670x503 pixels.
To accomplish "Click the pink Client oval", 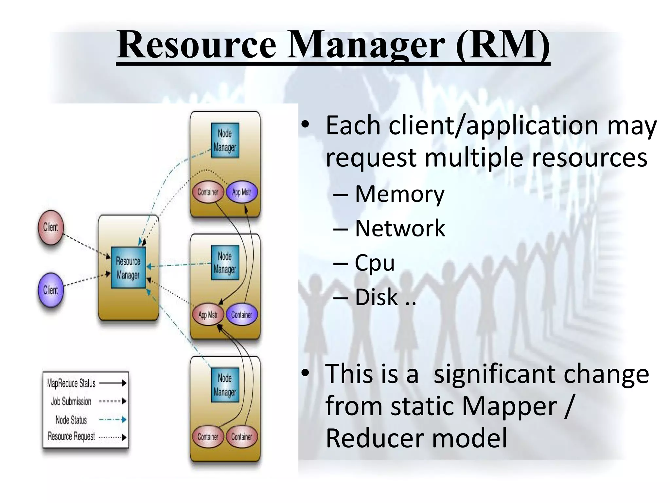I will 50,227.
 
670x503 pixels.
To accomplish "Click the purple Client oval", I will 50,290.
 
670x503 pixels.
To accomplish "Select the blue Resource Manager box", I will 128,268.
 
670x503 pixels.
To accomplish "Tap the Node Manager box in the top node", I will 225,140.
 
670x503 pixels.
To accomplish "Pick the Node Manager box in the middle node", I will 225,263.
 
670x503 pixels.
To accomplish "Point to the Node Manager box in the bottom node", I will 225,385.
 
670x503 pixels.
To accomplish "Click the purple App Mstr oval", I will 242,192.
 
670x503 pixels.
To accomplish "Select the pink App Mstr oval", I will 208,315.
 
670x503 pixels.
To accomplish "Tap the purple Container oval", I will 242,315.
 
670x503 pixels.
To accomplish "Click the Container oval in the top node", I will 208,192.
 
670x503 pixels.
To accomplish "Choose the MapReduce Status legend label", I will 71,383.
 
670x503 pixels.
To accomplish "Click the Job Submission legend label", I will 71,401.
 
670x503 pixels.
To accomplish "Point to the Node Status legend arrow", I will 113,419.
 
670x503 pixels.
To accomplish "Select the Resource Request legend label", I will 71,437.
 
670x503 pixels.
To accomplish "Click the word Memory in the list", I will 399,194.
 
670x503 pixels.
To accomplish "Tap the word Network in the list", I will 400,228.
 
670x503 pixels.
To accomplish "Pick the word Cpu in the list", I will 375,263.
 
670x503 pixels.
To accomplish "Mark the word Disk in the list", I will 377,297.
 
